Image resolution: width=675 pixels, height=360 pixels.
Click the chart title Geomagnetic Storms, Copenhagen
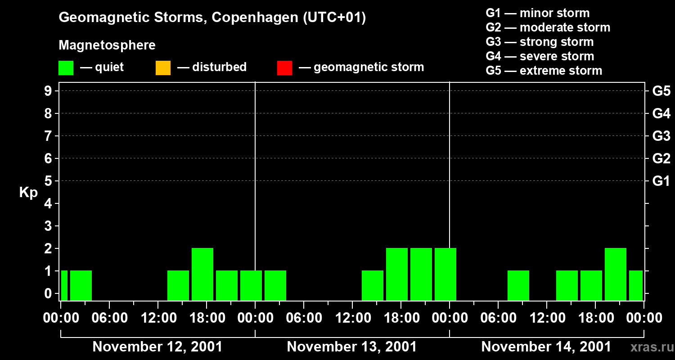[x=212, y=18]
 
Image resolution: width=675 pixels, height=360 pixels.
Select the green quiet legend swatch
[x=66, y=68]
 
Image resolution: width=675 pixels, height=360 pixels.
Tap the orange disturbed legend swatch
[x=163, y=68]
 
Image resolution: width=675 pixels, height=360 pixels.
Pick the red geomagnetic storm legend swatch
[x=284, y=68]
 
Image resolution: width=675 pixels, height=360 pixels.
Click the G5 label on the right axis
[x=661, y=91]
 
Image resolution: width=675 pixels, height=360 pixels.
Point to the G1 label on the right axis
[x=661, y=181]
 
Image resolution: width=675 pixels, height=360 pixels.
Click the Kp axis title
[x=28, y=193]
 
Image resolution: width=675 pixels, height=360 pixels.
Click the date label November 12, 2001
[x=157, y=347]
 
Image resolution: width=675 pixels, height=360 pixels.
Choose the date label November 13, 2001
[x=352, y=347]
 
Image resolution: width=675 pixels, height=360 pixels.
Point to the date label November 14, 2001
[x=546, y=347]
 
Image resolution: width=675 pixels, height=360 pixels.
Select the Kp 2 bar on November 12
[x=202, y=274]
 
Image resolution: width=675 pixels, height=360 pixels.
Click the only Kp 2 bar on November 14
[x=616, y=274]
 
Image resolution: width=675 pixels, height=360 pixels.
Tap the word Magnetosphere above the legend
[x=107, y=45]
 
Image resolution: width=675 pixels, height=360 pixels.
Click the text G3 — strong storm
[x=540, y=42]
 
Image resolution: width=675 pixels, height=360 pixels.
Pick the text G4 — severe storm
[x=540, y=56]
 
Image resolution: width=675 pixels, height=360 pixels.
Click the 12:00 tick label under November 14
[x=547, y=318]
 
